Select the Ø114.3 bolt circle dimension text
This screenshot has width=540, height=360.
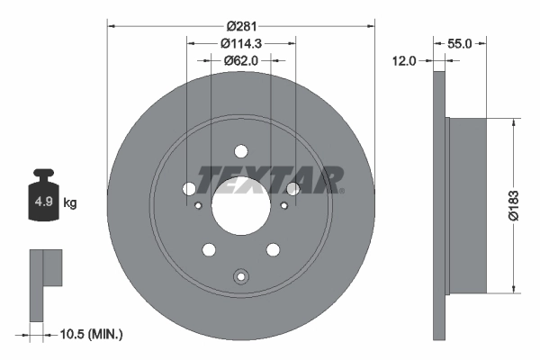(240, 43)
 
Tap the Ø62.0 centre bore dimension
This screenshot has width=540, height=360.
(240, 60)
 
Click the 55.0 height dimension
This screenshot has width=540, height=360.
(460, 42)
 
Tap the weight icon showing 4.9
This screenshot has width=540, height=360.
(43, 200)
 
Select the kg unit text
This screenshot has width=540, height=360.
(70, 203)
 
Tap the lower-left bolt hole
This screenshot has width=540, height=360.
(209, 249)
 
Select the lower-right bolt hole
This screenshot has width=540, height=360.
(273, 249)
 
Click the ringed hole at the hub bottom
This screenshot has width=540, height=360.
(240, 276)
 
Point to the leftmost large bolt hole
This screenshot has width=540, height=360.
(189, 188)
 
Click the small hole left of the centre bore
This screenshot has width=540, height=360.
(198, 206)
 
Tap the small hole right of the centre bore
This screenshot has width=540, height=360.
(283, 206)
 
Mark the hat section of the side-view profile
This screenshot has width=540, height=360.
(467, 204)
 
